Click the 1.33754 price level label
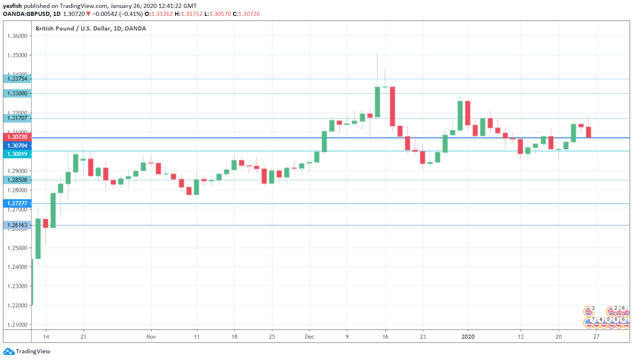17,79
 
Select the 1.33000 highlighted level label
17,93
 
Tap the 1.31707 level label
17,118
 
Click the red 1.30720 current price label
17,137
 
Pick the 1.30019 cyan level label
17,154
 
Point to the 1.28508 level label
17,180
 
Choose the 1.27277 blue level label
17,203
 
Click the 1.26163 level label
17,225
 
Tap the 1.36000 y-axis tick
17,36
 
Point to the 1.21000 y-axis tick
17,324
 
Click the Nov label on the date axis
151,337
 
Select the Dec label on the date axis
310,337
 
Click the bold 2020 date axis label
468,337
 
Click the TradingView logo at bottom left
27,351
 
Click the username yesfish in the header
13,6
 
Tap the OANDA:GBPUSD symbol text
27,14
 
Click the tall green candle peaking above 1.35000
378,102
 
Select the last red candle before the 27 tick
589,132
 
